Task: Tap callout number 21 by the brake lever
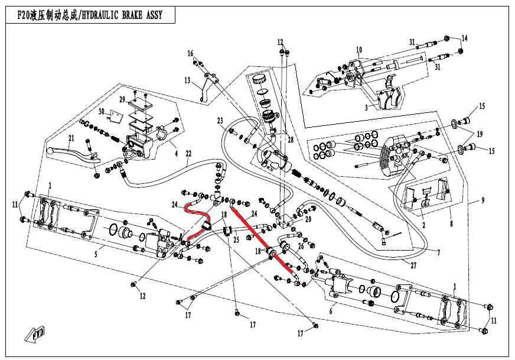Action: [71, 138]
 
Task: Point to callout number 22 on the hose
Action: [188, 154]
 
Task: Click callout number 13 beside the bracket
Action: [187, 80]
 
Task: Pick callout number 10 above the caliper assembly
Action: [359, 50]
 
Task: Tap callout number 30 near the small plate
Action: [101, 112]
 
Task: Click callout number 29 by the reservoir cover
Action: [122, 100]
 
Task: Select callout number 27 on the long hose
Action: [413, 265]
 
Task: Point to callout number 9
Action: [483, 200]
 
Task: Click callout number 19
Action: [480, 134]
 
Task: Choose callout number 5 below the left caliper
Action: [96, 254]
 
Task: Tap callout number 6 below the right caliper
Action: [331, 310]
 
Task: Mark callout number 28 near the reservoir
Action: [291, 140]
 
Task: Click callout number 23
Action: [220, 121]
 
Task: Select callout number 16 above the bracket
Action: [191, 53]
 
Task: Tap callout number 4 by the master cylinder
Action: [177, 153]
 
